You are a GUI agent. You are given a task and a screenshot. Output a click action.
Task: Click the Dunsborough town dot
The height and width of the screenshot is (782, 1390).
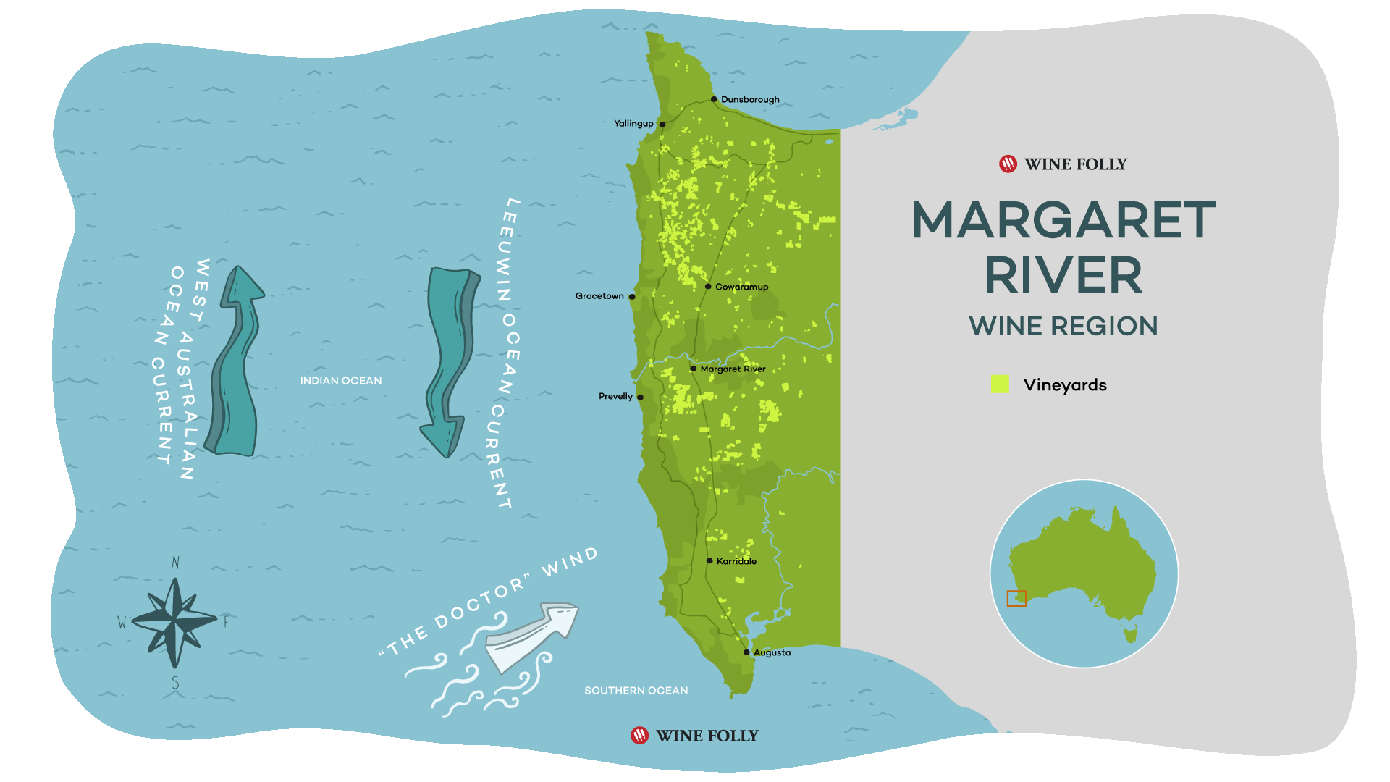click(x=714, y=99)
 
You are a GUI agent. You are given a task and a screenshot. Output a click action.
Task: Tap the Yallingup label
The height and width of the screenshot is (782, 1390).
click(x=633, y=124)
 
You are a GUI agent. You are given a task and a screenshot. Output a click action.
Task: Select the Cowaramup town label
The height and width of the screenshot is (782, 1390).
click(x=741, y=287)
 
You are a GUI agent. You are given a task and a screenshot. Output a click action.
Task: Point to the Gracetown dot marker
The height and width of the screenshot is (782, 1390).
click(x=632, y=297)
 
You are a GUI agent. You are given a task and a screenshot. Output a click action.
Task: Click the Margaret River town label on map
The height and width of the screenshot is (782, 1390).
click(x=733, y=369)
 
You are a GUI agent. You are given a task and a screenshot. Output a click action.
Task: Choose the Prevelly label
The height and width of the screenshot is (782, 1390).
click(x=615, y=397)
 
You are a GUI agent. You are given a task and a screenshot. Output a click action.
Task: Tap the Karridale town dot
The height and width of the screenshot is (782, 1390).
click(x=709, y=561)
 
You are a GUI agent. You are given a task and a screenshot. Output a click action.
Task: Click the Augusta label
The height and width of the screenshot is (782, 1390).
click(x=772, y=652)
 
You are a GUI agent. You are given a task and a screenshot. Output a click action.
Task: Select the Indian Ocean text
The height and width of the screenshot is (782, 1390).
click(x=341, y=381)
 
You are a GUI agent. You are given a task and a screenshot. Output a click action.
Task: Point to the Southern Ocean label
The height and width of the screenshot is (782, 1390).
click(x=636, y=691)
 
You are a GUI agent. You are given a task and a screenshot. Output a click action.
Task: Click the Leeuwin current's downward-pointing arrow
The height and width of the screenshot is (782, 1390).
click(x=449, y=362)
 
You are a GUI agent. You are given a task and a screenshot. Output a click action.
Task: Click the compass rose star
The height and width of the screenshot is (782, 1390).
click(x=174, y=621)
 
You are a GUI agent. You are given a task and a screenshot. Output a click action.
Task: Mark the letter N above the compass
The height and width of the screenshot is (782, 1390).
click(x=175, y=563)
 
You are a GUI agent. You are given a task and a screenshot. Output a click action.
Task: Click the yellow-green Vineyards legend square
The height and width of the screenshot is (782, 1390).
click(x=1000, y=384)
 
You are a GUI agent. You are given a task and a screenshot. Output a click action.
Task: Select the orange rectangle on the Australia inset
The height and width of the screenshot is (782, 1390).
click(x=1016, y=599)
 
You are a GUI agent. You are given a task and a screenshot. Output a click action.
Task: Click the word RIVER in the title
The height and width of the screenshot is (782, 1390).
click(x=1063, y=276)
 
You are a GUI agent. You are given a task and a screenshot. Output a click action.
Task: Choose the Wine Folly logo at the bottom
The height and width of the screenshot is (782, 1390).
click(x=695, y=736)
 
